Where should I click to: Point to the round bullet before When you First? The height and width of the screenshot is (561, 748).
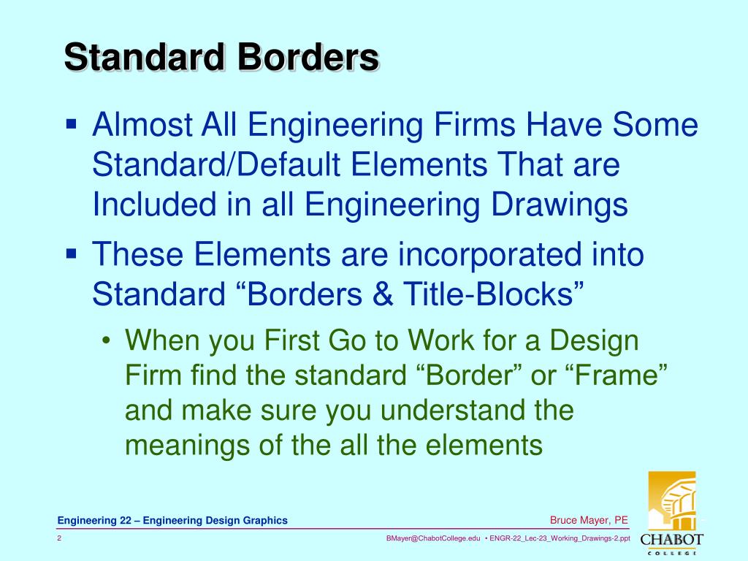point(107,342)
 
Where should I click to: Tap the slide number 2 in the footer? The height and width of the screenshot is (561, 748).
point(59,538)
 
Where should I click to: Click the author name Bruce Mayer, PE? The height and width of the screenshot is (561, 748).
point(589,520)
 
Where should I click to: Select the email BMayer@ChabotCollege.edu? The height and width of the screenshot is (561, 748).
point(433,538)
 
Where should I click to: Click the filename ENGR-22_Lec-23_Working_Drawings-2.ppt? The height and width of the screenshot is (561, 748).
point(560,538)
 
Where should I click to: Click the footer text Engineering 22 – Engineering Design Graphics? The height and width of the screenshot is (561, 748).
point(173,520)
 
